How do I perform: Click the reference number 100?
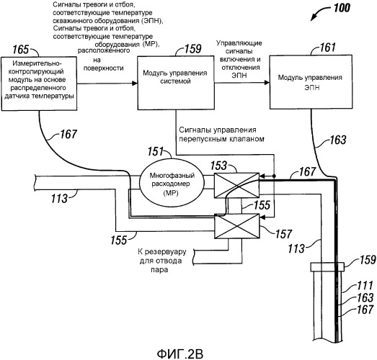coord(342,8)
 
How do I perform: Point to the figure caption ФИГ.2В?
coord(180,354)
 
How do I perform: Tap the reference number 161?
coord(327,48)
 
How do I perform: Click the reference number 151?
coord(155,151)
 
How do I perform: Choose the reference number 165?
coord(20,50)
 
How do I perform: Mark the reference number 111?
coord(365,286)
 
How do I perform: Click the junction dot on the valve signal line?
coord(275,176)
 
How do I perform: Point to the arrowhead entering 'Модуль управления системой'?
coord(135,84)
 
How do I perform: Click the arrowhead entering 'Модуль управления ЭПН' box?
coord(267,82)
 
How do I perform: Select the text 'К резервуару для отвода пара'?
coord(161,261)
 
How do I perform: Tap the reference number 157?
coord(284,234)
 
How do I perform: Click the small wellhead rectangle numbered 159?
coord(327,267)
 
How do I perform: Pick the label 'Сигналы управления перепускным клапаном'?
coord(221,134)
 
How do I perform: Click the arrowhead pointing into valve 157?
coord(262,217)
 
